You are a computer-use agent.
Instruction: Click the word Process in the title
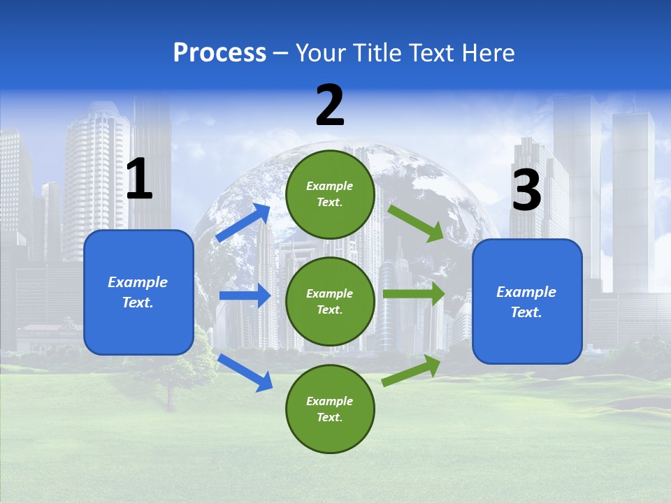pyautogui.click(x=219, y=53)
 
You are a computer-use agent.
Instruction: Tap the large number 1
pyautogui.click(x=139, y=179)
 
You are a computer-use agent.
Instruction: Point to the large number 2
pyautogui.click(x=330, y=105)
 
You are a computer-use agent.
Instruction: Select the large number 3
pyautogui.click(x=526, y=189)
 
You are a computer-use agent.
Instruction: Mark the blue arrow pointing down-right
pyautogui.click(x=245, y=372)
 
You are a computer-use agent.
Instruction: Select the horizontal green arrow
pyautogui.click(x=413, y=294)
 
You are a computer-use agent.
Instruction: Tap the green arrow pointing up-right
pyautogui.click(x=411, y=371)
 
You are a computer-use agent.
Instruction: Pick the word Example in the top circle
pyautogui.click(x=330, y=186)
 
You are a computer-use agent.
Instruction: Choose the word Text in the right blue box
pyautogui.click(x=525, y=312)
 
